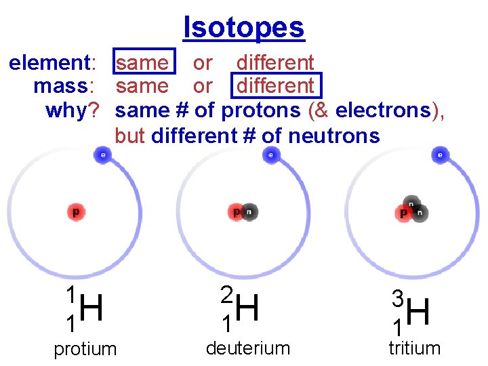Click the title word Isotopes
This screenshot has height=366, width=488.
click(x=244, y=28)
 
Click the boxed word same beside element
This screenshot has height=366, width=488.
click(x=142, y=63)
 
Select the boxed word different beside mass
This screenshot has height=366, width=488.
click(x=275, y=86)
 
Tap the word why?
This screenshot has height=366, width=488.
click(x=73, y=110)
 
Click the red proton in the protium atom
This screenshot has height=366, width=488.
click(x=76, y=212)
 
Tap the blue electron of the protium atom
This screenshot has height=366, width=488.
click(x=102, y=155)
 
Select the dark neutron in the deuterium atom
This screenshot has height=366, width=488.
click(x=249, y=212)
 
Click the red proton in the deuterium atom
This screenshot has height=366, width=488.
click(x=237, y=212)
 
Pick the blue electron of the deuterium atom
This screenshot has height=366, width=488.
click(x=270, y=155)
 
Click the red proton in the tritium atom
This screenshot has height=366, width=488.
click(x=404, y=213)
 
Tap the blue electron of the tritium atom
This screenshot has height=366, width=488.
click(x=440, y=155)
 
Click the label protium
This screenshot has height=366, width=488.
click(x=85, y=349)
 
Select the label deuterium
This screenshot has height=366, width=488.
click(x=247, y=348)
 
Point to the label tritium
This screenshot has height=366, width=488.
click(x=414, y=348)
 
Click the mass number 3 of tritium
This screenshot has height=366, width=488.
click(x=399, y=298)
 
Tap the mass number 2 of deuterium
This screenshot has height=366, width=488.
click(x=227, y=294)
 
